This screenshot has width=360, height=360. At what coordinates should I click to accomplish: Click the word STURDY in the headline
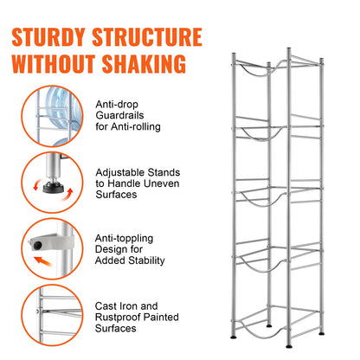point(54,37)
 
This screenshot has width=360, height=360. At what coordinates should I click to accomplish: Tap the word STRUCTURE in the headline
point(152,37)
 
